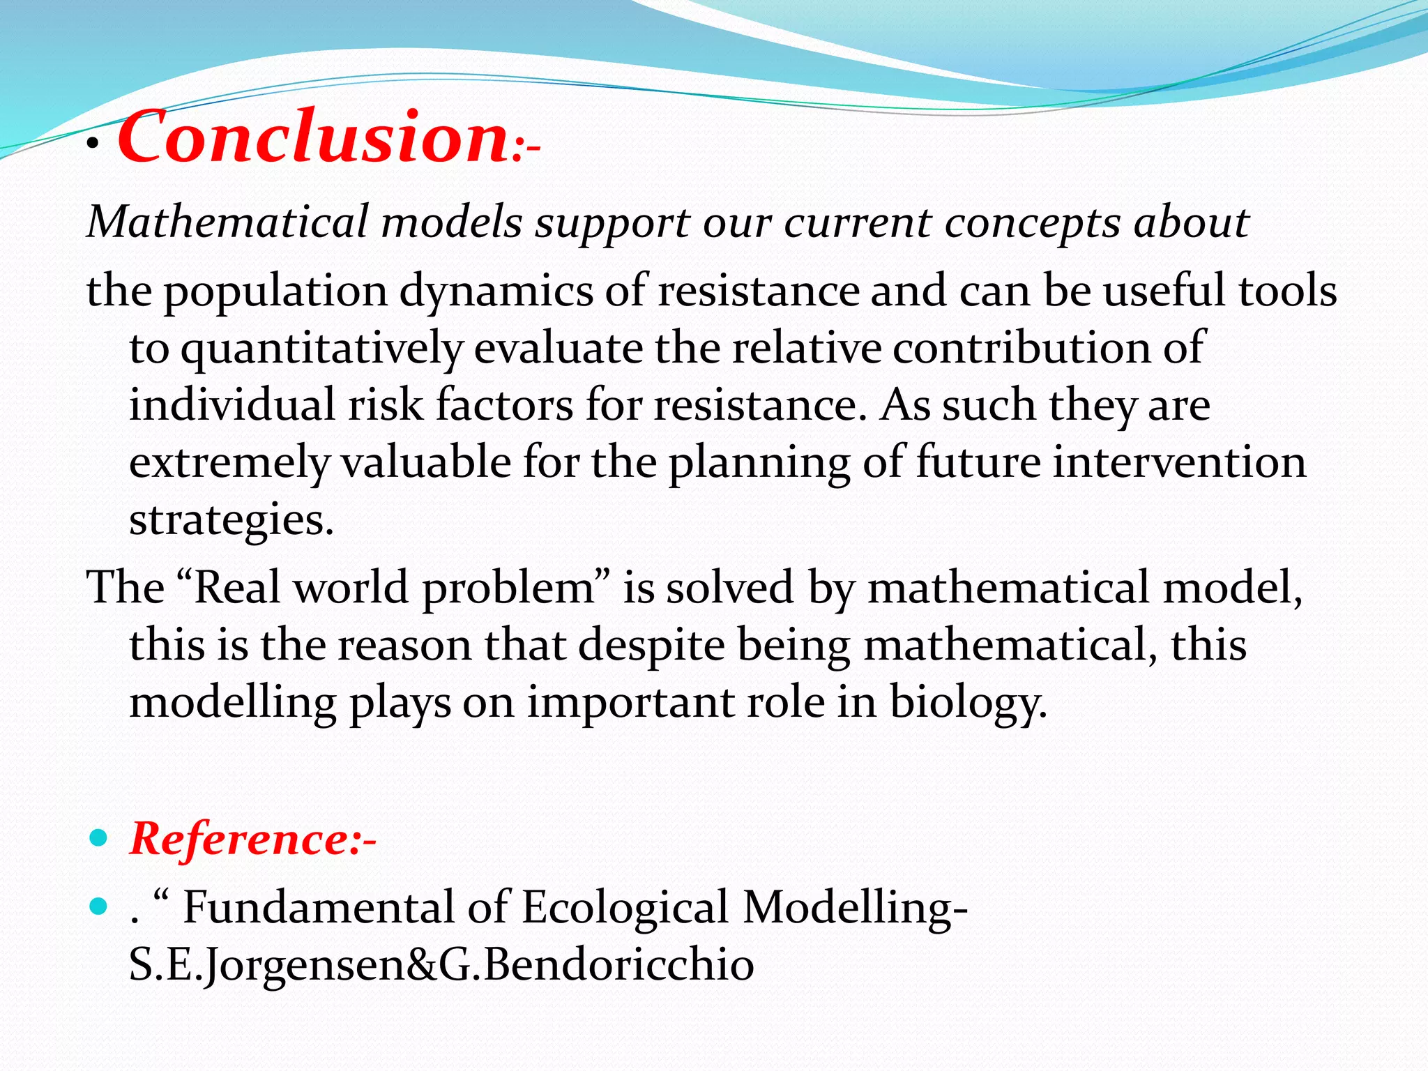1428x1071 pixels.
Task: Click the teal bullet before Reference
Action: tap(99, 837)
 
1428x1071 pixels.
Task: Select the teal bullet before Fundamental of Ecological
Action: tap(99, 906)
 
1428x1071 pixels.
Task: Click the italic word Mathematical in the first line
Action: tap(227, 222)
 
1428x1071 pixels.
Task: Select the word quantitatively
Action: tap(321, 349)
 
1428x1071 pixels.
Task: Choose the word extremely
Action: tap(229, 463)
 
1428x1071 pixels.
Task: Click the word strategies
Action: tap(231, 520)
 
